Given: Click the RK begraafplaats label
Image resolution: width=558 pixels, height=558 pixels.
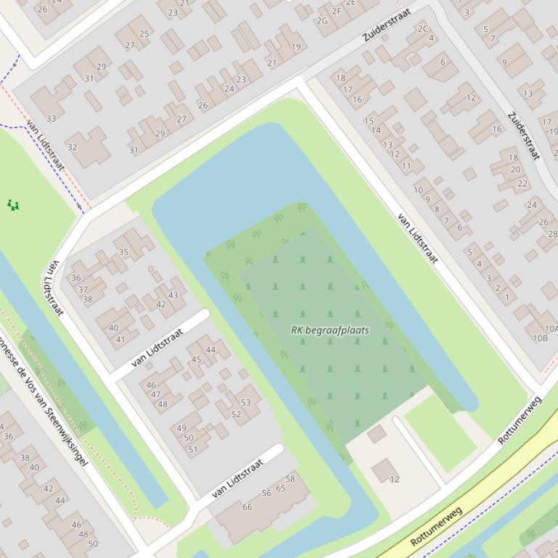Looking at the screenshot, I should (x=329, y=330).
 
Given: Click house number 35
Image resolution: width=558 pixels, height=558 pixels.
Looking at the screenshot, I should (x=123, y=253).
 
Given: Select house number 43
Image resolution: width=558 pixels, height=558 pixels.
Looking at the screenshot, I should (x=173, y=295).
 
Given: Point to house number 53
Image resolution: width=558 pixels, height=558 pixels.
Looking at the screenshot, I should (x=245, y=402).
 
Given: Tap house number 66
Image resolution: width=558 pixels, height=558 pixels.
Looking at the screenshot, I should (x=247, y=507).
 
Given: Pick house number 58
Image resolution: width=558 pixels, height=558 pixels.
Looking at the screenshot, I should (x=290, y=478).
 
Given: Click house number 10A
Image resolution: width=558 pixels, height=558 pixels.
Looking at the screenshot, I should (x=550, y=329).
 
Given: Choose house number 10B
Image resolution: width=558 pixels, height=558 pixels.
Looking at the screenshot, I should (x=541, y=338).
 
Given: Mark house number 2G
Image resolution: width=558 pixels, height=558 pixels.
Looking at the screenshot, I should (x=321, y=20).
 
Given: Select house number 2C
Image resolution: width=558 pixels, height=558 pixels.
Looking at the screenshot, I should (x=422, y=29).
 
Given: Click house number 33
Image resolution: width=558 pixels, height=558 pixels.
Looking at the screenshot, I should (x=51, y=118).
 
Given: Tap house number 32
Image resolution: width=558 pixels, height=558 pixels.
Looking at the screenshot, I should (x=72, y=146).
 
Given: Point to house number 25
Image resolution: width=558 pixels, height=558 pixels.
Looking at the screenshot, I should (x=144, y=33).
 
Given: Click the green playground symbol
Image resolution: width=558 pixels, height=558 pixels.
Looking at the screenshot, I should (x=12, y=205).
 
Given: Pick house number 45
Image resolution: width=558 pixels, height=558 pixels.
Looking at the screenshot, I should (x=196, y=359).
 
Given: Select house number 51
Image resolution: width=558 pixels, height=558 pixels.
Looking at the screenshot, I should (x=193, y=449).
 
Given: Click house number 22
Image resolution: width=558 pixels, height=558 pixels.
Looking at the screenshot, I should (x=522, y=183).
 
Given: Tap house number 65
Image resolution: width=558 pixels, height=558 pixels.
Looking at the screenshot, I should (x=280, y=488).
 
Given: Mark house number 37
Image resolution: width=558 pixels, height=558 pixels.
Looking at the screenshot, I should (x=83, y=289).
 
